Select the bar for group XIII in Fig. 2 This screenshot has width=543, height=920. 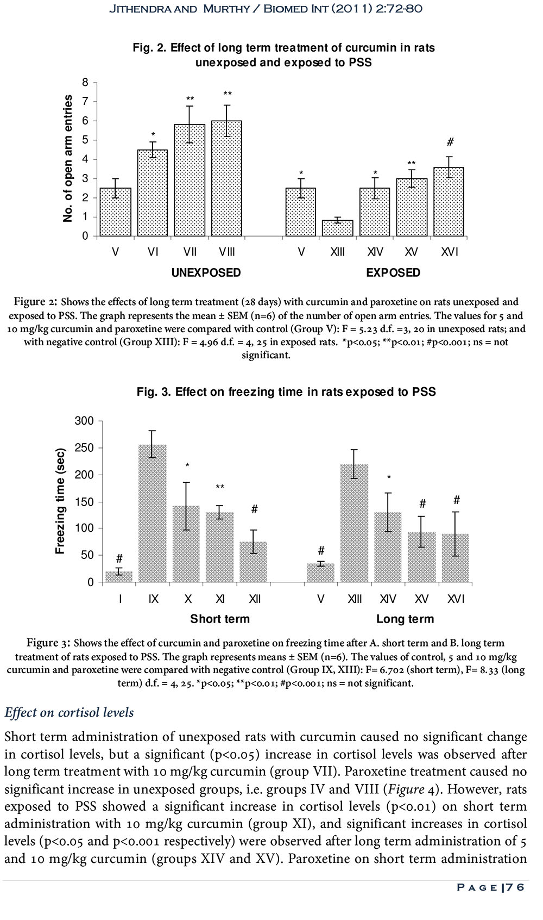tap(337, 228)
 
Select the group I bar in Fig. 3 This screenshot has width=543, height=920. tap(119, 577)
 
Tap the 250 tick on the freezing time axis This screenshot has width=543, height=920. tap(84, 448)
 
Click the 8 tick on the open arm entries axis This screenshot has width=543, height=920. tap(85, 83)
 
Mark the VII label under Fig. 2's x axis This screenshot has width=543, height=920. tap(190, 252)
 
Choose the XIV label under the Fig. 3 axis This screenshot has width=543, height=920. tap(388, 599)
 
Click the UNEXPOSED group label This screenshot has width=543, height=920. tap(206, 272)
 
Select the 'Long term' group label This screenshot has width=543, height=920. tap(405, 619)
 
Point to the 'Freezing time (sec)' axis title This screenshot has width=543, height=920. tap(60, 501)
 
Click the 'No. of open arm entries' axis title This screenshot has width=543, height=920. tap(68, 158)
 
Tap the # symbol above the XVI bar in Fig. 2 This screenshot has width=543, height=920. tap(450, 142)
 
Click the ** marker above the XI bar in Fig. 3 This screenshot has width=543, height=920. tap(219, 487)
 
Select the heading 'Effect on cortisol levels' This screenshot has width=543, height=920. tap(69, 713)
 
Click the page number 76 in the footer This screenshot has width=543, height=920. tap(517, 887)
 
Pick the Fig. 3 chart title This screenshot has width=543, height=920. tap(286, 391)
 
